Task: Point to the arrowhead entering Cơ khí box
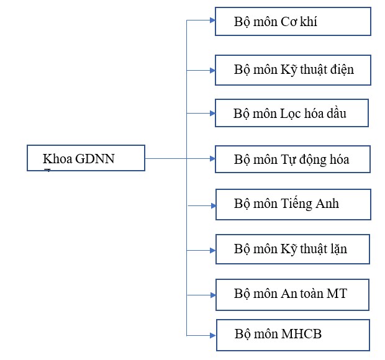[212, 20]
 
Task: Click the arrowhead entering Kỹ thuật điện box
[212, 71]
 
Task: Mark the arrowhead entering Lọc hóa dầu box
[212, 114]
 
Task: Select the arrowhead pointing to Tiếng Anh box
[214, 205]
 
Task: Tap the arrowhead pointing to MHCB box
[213, 335]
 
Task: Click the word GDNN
[95, 159]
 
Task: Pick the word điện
[342, 70]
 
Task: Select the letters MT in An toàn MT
[337, 294]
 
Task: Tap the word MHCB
[301, 334]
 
